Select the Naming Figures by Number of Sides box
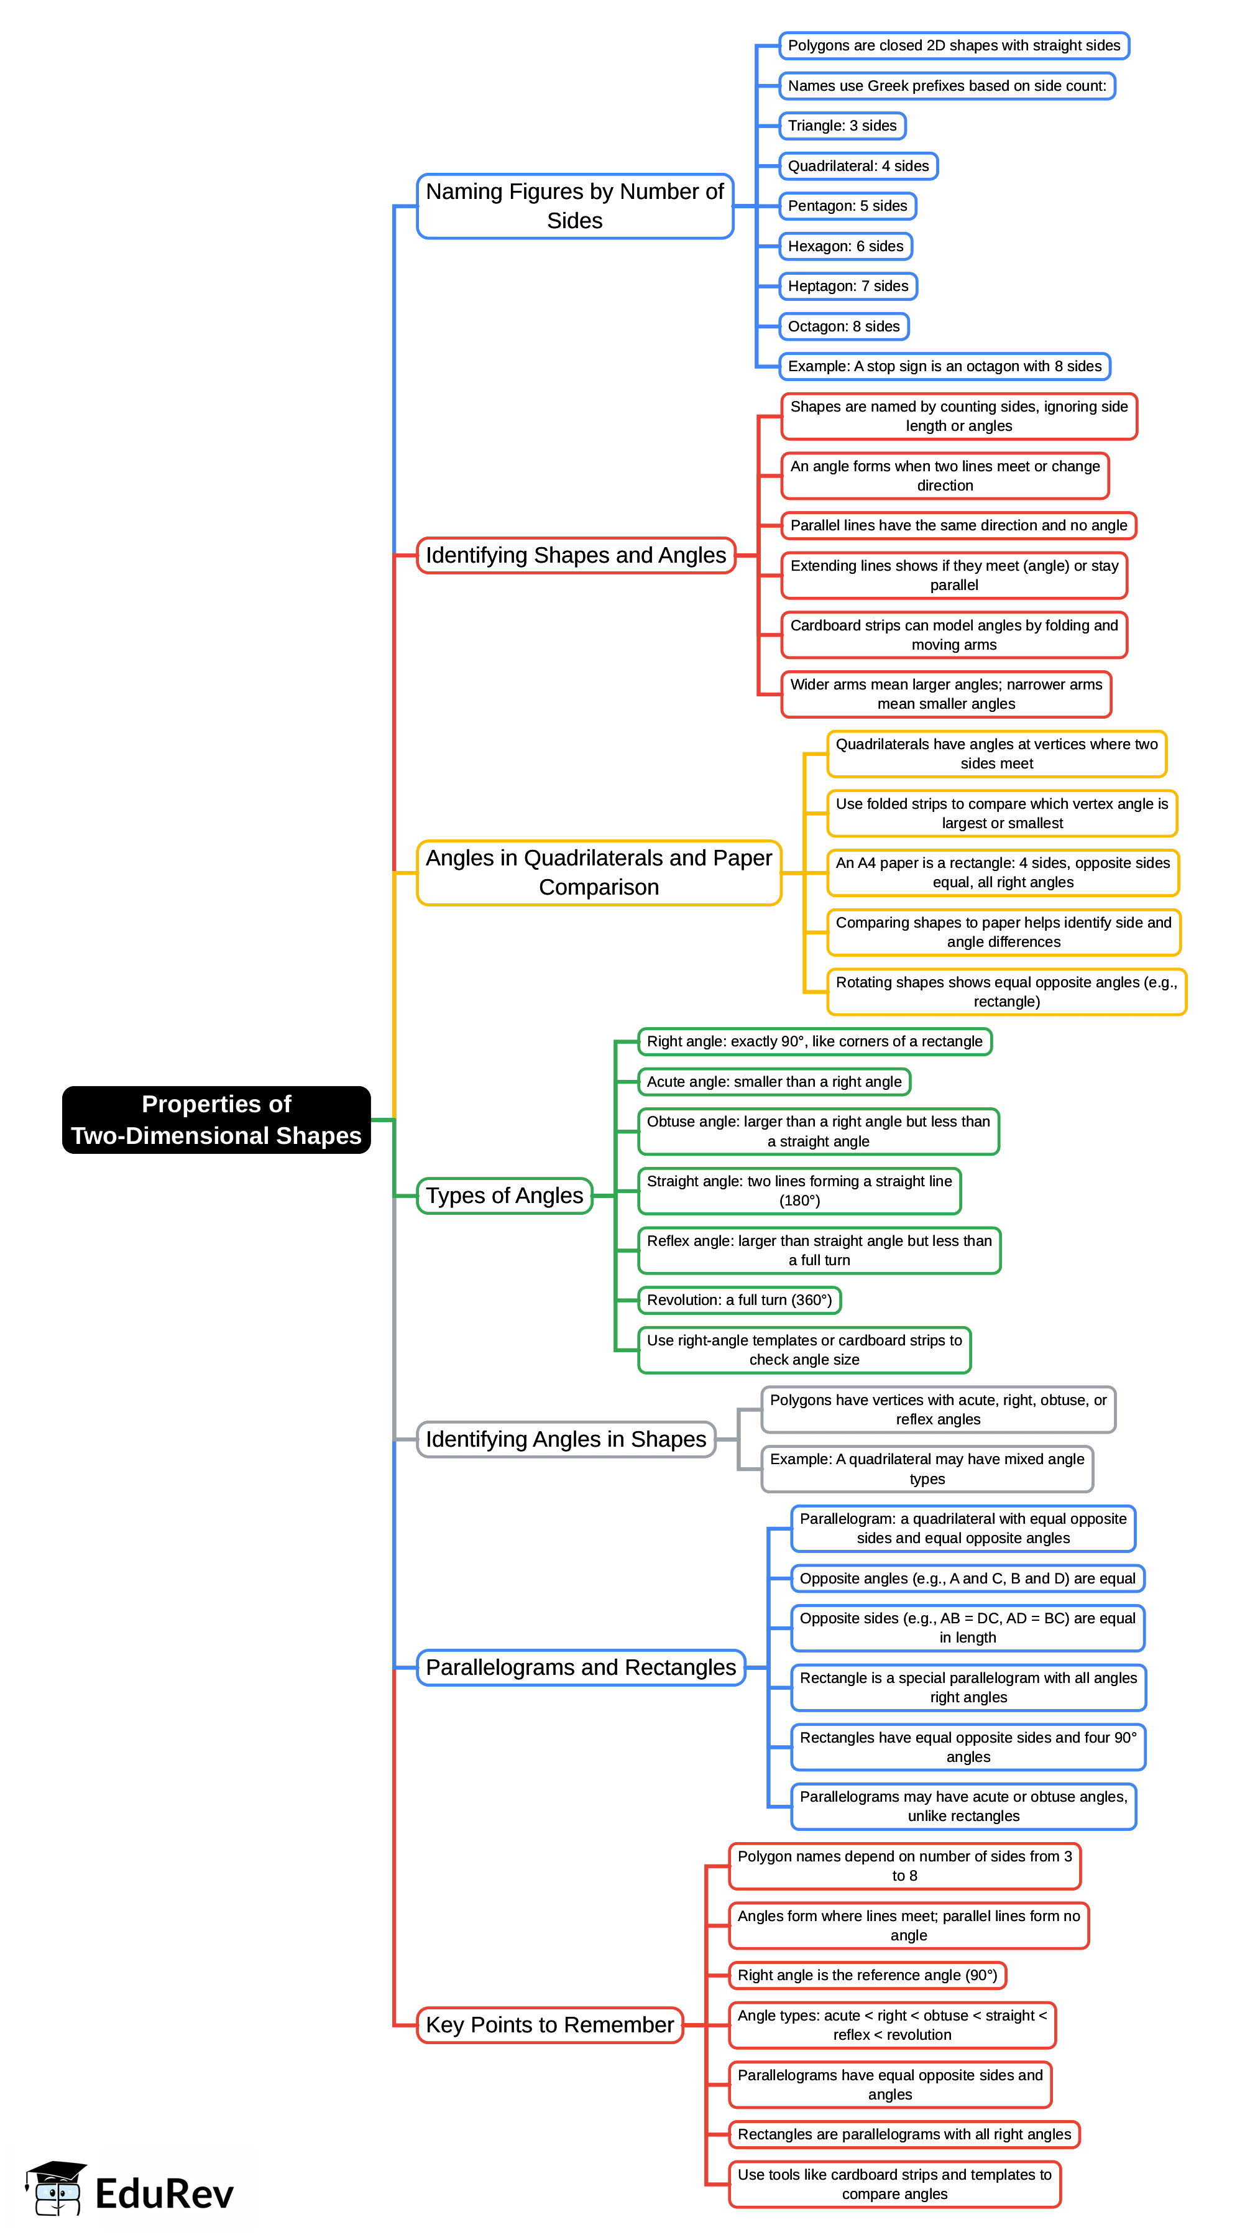(x=574, y=206)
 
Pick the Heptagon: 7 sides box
(x=848, y=286)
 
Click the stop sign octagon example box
(x=944, y=366)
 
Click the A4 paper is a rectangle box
(x=1002, y=872)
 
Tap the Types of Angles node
(x=504, y=1196)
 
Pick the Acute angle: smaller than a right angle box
(x=774, y=1082)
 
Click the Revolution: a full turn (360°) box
(x=739, y=1300)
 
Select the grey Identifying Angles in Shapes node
(x=565, y=1439)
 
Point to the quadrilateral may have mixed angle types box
(x=927, y=1468)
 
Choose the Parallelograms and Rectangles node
(x=581, y=1667)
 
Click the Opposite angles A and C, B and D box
(x=967, y=1579)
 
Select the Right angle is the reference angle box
(x=866, y=1975)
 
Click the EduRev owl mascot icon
(x=57, y=2188)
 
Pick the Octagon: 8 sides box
(x=843, y=326)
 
